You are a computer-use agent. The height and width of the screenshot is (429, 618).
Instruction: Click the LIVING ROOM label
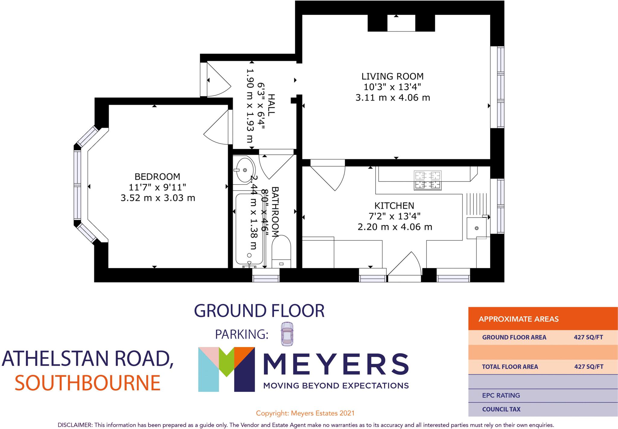[392, 76]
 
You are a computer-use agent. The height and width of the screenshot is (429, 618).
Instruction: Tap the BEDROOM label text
[157, 177]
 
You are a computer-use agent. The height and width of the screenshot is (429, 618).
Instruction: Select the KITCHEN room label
[394, 206]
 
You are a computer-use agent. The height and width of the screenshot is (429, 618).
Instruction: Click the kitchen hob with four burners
[428, 180]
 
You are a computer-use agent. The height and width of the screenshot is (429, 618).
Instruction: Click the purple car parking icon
[286, 334]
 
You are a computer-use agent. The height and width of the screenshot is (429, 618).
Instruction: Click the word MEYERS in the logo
[336, 364]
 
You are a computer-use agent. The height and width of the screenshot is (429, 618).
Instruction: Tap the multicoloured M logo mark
[226, 369]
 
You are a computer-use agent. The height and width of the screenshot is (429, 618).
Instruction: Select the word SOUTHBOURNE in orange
[88, 383]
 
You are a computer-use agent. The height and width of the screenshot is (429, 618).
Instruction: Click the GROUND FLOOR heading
[259, 311]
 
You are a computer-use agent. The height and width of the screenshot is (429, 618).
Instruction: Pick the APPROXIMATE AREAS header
[518, 319]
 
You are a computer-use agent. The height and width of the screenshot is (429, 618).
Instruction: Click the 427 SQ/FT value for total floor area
[588, 367]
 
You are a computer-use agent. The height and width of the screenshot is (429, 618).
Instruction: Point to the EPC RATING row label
[501, 395]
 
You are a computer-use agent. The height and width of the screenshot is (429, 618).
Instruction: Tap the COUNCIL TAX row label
[501, 409]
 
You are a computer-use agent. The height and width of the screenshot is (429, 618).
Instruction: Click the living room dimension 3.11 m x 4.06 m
[392, 98]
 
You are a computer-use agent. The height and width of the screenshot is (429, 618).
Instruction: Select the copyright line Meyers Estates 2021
[305, 413]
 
